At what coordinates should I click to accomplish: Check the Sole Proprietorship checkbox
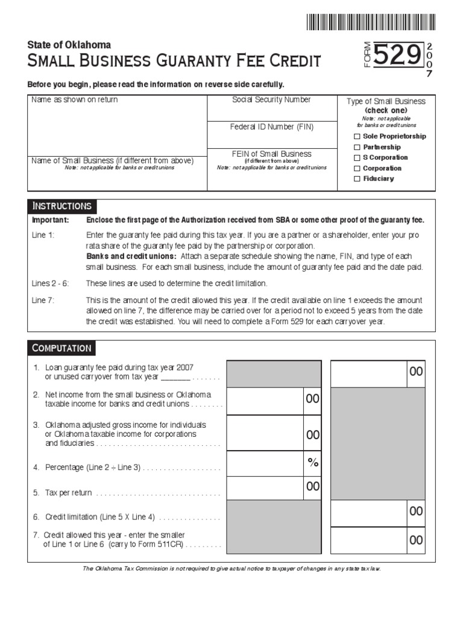click(357, 137)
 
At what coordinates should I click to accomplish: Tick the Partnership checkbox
click(357, 147)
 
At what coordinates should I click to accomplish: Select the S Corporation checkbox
click(357, 158)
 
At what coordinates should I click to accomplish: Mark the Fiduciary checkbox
click(357, 179)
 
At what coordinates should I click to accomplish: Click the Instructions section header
click(61, 206)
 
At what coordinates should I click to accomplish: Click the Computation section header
click(61, 348)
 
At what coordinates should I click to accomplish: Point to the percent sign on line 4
click(312, 462)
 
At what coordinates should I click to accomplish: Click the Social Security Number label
click(272, 99)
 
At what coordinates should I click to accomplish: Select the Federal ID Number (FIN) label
click(272, 127)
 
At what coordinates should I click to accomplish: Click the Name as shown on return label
click(75, 100)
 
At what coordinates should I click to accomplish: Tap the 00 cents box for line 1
click(416, 372)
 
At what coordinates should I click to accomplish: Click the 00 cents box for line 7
click(416, 540)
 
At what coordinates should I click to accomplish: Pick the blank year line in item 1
click(175, 377)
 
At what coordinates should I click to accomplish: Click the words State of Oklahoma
click(69, 45)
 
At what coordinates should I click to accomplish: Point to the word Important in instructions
click(50, 220)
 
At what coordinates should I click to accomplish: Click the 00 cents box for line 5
click(312, 486)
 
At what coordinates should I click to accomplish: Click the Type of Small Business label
click(386, 101)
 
